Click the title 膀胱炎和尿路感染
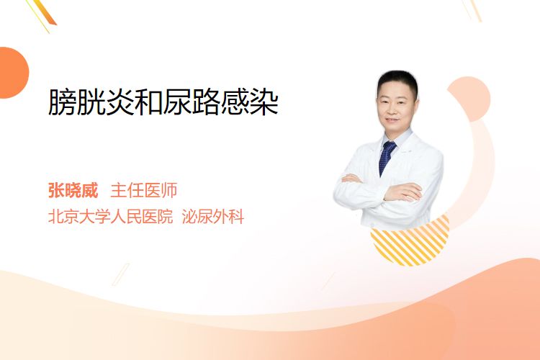pyautogui.click(x=163, y=102)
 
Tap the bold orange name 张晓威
pyautogui.click(x=73, y=190)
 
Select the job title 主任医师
pyautogui.click(x=143, y=190)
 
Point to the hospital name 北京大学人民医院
pyautogui.click(x=110, y=217)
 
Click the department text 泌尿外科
pyautogui.click(x=213, y=217)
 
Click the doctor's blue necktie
pyautogui.click(x=387, y=158)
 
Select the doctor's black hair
pyautogui.click(x=397, y=81)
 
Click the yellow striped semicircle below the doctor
pyautogui.click(x=410, y=242)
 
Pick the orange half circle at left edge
pyautogui.click(x=13, y=73)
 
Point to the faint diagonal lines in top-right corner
pyautogui.click(x=474, y=10)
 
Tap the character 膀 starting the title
pyautogui.click(x=62, y=102)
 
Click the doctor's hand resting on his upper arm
pyautogui.click(x=404, y=192)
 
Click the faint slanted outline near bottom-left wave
pyautogui.click(x=121, y=274)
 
